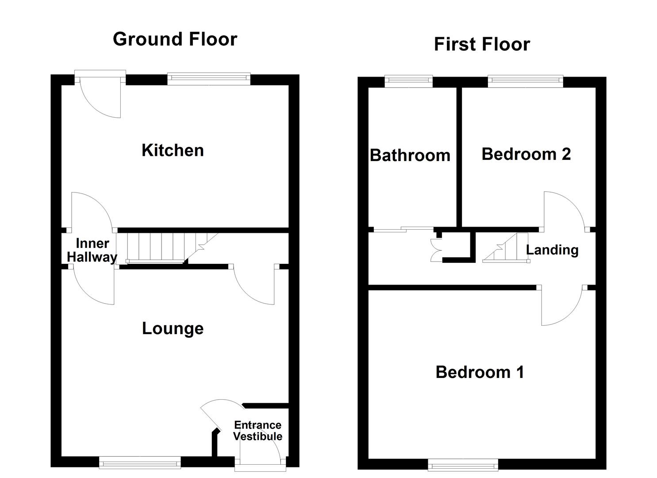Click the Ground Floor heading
(175, 39)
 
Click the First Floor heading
(482, 44)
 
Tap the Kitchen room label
(173, 150)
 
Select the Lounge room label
(173, 328)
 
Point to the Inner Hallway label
(92, 250)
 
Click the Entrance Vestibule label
(258, 431)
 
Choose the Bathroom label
(410, 155)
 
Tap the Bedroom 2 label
(526, 154)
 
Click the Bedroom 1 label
(480, 372)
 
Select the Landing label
(552, 250)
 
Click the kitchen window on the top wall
(209, 78)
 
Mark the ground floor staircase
(172, 248)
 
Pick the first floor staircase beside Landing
(506, 248)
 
